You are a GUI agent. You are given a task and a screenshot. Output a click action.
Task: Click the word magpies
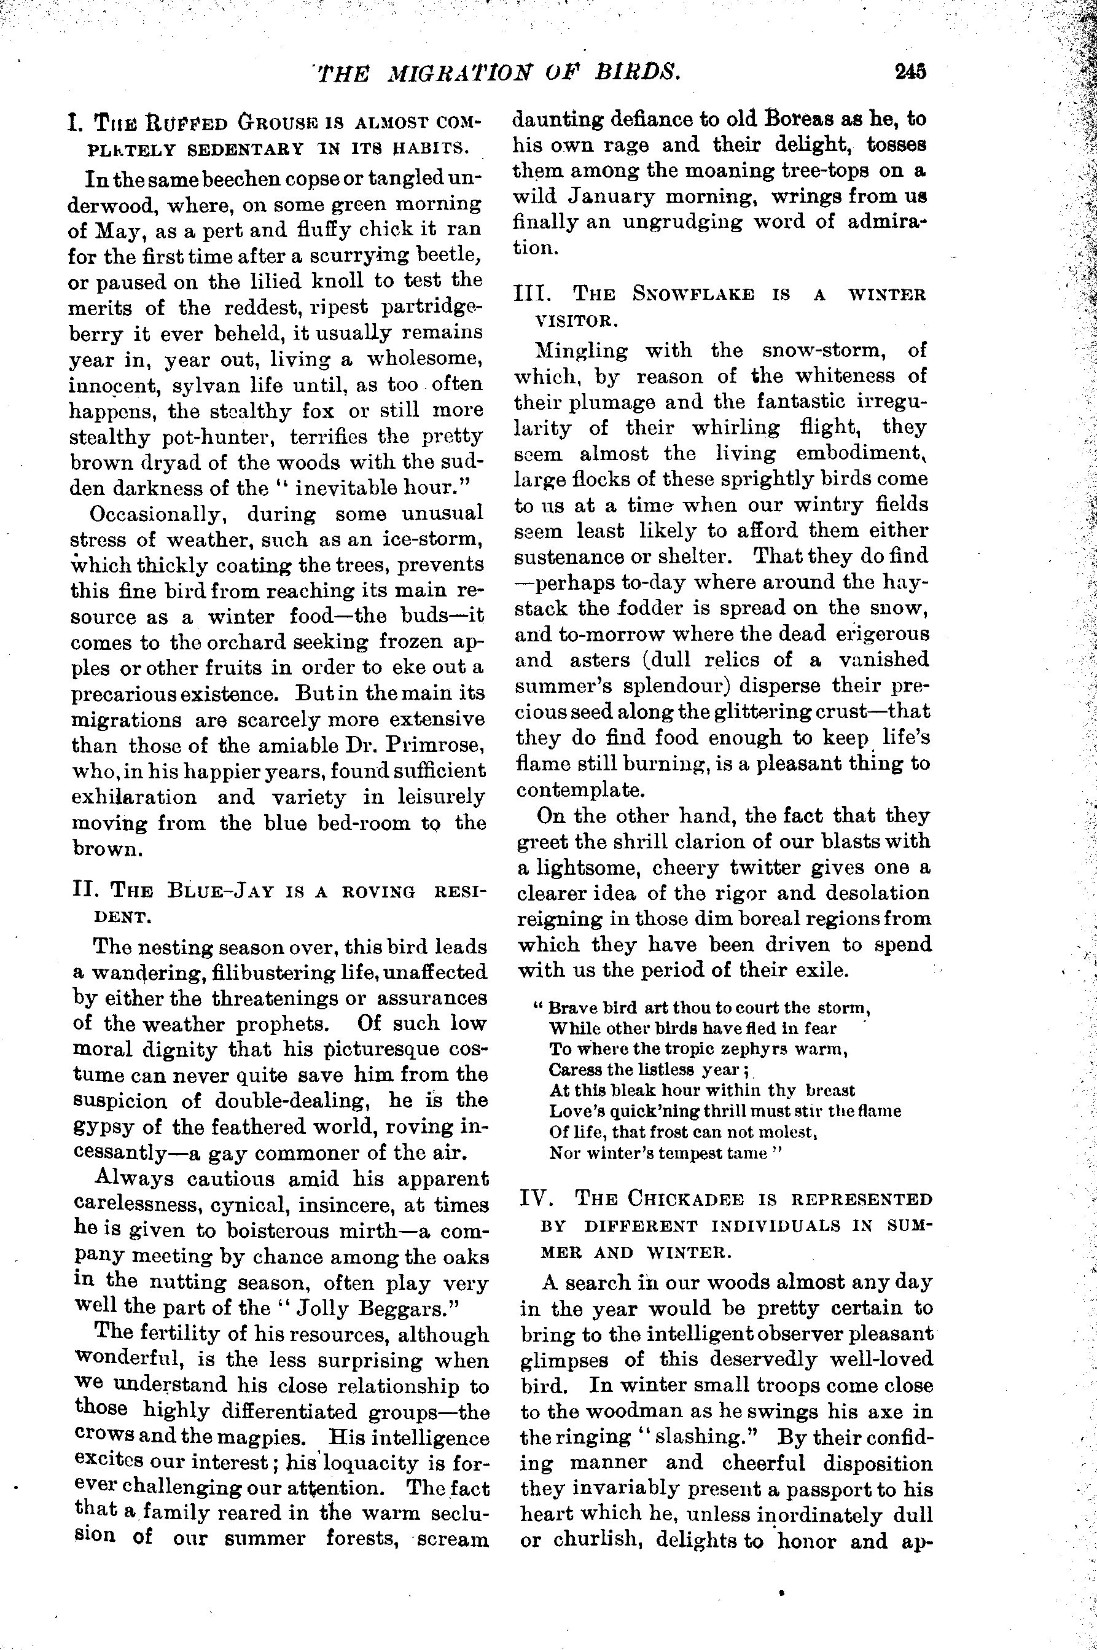point(264,1438)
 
